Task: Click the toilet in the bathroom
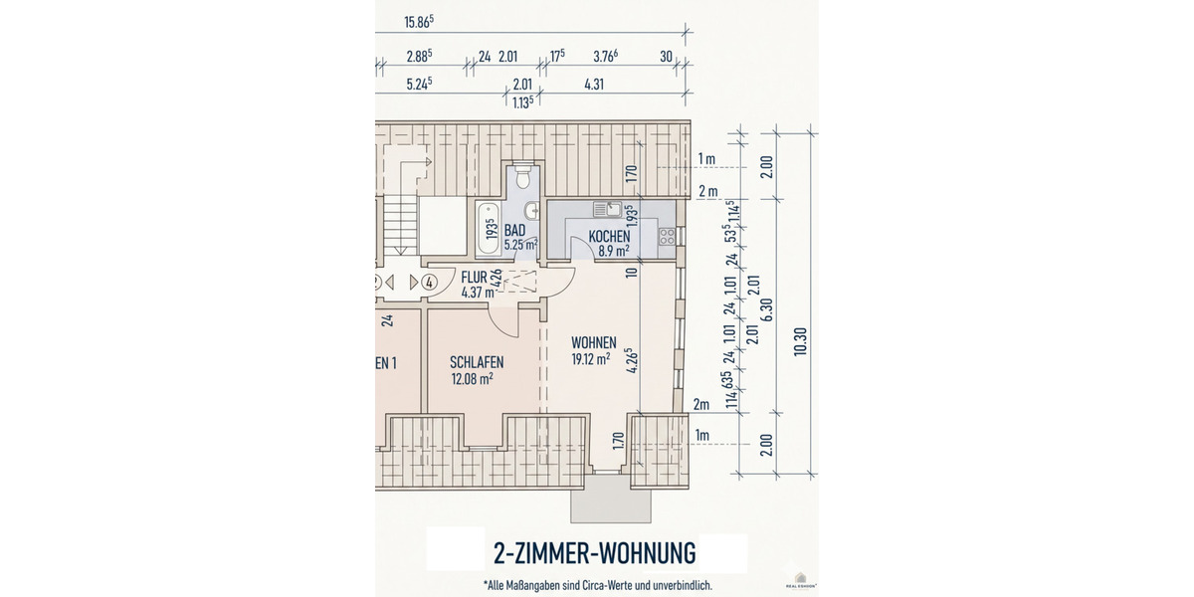(x=524, y=178)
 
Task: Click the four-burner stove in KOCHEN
(x=666, y=237)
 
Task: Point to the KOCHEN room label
(x=608, y=237)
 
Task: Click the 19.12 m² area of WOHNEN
(x=590, y=359)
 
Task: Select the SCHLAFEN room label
(x=476, y=362)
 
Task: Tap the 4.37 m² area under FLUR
(x=478, y=293)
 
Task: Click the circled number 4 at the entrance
(x=429, y=282)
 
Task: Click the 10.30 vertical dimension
(x=800, y=341)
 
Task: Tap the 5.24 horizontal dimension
(x=420, y=85)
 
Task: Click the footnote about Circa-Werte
(x=597, y=585)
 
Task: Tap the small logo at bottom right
(x=801, y=580)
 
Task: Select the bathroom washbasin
(x=530, y=211)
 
